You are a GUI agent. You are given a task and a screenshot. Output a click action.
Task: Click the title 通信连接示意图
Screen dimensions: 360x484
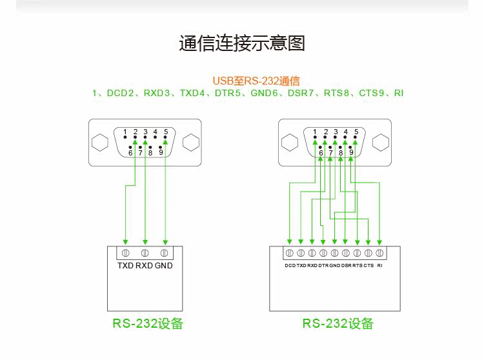(241, 44)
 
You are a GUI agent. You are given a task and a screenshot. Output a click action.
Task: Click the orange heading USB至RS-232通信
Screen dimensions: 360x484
(256, 81)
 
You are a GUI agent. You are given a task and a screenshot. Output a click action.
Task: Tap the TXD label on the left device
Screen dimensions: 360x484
(125, 266)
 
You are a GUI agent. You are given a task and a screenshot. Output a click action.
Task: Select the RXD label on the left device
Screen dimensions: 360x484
(145, 266)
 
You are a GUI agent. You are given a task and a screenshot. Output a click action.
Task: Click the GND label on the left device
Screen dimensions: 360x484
(164, 266)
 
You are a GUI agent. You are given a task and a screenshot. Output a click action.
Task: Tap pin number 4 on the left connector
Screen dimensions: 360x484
(156, 132)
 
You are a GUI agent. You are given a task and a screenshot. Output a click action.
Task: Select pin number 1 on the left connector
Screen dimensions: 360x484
(125, 132)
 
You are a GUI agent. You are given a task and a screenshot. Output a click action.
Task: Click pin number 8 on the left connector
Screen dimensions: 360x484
(150, 153)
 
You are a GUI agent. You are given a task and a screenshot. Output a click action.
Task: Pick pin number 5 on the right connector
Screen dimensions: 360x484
(356, 132)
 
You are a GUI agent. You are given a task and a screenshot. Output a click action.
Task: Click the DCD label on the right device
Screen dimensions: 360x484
(290, 265)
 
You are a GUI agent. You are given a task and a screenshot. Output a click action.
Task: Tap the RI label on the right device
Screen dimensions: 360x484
(380, 265)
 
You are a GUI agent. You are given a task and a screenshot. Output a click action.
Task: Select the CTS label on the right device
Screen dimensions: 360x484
(368, 265)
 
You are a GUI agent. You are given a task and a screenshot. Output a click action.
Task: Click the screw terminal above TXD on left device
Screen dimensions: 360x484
(125, 252)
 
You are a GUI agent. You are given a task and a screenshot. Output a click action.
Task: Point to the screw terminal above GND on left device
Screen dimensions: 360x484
(165, 252)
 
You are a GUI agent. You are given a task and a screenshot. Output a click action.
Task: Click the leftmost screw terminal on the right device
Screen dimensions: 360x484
(290, 252)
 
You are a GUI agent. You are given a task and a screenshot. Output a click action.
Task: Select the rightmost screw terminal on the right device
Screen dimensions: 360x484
(380, 252)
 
